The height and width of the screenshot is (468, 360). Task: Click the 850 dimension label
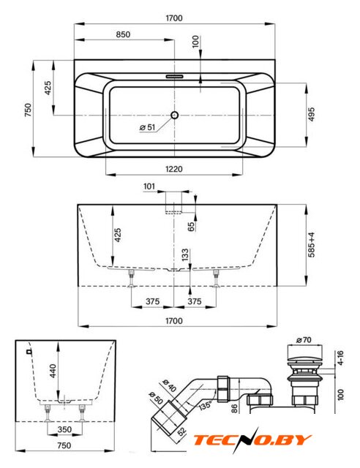tap(123, 34)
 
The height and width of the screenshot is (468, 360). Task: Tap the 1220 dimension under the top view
tap(174, 169)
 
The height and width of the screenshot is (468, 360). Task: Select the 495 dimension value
tap(311, 115)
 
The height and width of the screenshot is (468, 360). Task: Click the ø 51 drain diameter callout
tap(148, 127)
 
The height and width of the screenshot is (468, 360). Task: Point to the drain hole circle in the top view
tap(174, 115)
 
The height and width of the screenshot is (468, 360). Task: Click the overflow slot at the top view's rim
tap(174, 76)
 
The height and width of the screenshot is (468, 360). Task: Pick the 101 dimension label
tap(149, 186)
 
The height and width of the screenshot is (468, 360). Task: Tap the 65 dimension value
tap(191, 226)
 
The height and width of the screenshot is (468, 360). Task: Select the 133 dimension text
tap(185, 254)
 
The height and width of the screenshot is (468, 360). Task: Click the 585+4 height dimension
tap(311, 245)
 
